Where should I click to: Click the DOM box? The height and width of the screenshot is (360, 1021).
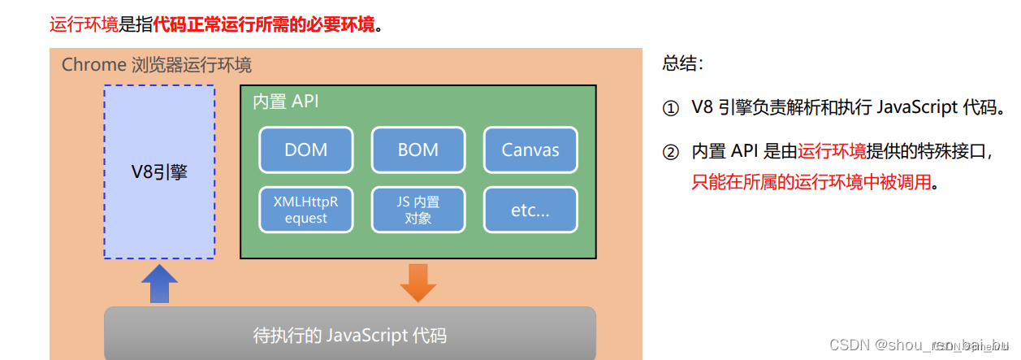306,150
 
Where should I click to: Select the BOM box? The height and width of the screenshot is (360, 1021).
418,150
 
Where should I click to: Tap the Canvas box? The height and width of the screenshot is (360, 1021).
530,150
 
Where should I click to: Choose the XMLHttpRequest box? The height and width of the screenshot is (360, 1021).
306,210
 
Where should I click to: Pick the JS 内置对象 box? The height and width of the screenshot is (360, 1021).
418,210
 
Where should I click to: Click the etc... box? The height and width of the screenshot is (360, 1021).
530,210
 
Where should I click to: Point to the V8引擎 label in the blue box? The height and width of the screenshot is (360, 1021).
159,172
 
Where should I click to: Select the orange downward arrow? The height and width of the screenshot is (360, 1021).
418,282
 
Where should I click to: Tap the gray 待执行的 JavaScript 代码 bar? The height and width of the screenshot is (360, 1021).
350,335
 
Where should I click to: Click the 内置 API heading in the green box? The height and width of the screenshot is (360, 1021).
286,102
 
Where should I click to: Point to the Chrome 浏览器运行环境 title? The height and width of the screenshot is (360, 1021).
157,65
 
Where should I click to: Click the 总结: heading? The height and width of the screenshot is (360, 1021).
683,63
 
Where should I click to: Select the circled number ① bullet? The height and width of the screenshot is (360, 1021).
670,108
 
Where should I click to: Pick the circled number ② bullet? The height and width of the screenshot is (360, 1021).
670,151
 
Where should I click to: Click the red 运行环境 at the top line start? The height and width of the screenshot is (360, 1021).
84,24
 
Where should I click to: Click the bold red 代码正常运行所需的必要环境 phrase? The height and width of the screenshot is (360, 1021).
265,24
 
